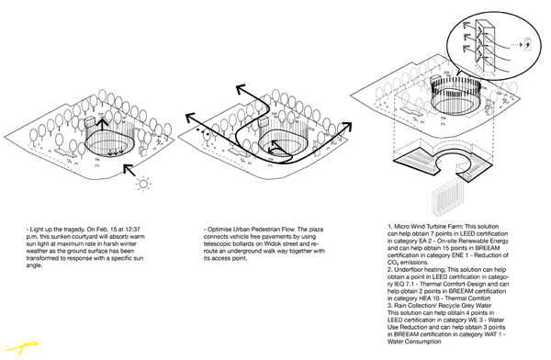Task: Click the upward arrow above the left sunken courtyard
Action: (x=103, y=125)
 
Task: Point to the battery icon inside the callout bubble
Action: (x=540, y=40)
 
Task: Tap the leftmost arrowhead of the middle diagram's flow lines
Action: (x=182, y=116)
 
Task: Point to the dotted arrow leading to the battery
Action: (x=526, y=40)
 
